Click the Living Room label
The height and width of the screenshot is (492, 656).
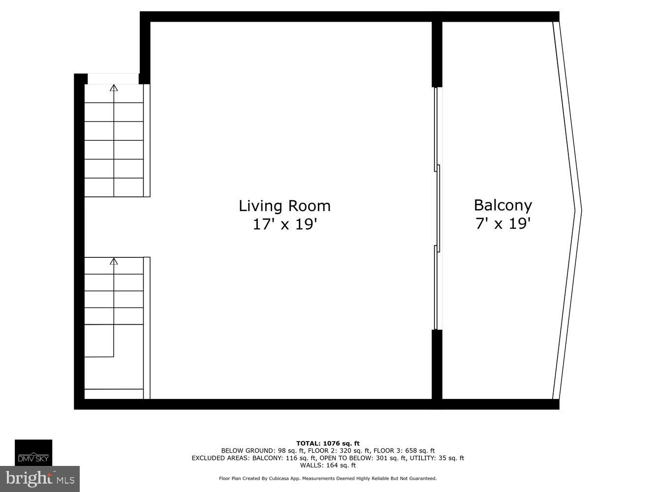(x=284, y=206)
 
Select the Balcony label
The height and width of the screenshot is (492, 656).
(x=502, y=205)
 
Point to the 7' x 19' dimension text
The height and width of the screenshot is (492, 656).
(x=502, y=224)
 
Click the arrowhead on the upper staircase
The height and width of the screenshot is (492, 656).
(x=114, y=88)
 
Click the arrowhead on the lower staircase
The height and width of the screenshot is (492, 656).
(x=114, y=261)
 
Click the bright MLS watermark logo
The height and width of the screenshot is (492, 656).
(x=40, y=478)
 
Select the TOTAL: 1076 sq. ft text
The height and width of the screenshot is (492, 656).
(x=328, y=443)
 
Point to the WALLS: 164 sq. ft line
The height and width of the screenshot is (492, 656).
(x=328, y=465)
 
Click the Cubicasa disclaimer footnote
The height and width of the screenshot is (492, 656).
(x=328, y=478)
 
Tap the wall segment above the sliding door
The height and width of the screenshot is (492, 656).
(x=437, y=54)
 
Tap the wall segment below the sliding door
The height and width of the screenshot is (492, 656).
(x=437, y=364)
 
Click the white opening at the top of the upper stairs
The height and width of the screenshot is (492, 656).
(x=113, y=79)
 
